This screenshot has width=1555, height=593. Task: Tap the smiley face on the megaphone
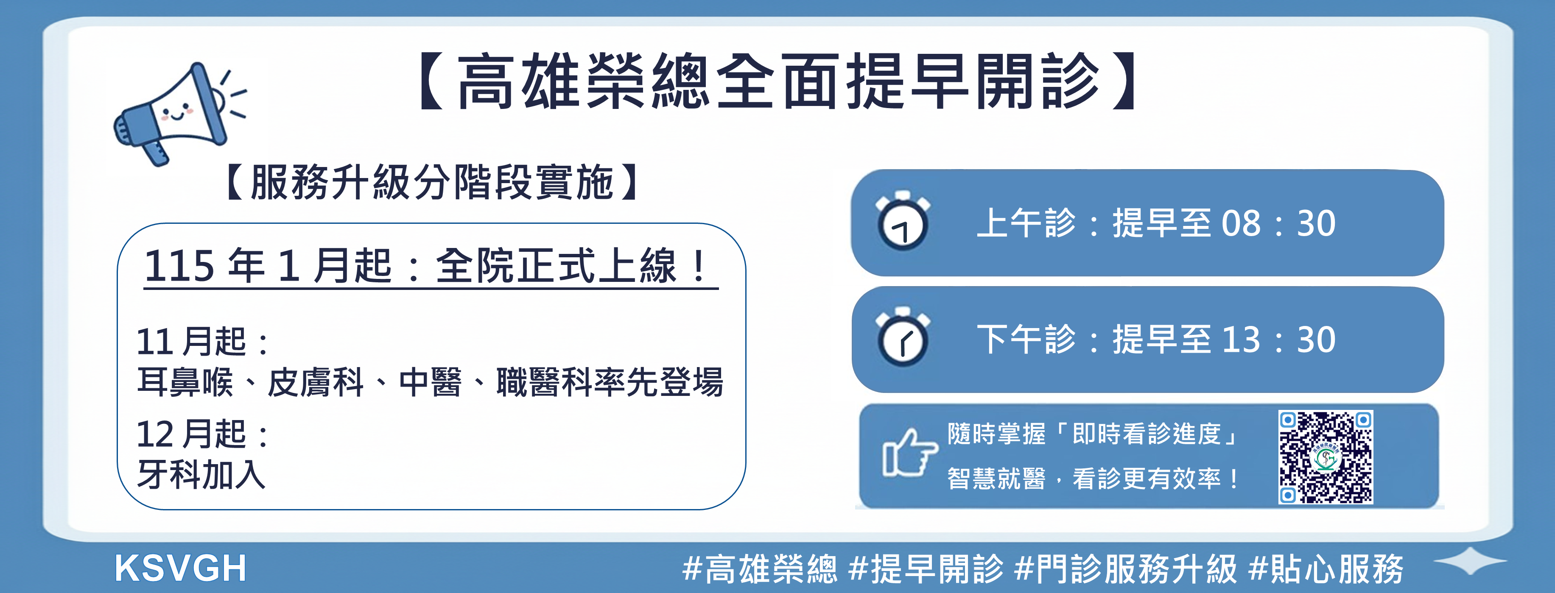(x=176, y=112)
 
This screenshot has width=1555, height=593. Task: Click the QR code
(x=1326, y=457)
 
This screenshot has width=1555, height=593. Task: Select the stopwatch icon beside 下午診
(x=903, y=337)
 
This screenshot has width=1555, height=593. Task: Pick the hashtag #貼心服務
(x=1326, y=568)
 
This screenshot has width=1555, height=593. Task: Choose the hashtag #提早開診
(x=926, y=568)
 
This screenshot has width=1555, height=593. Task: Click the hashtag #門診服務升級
(x=1126, y=568)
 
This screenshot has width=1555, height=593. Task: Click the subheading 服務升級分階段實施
(x=432, y=181)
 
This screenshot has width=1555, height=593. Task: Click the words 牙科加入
(x=201, y=474)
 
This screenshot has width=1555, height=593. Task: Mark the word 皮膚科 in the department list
(x=316, y=382)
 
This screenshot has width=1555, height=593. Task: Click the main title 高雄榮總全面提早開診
(x=778, y=81)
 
